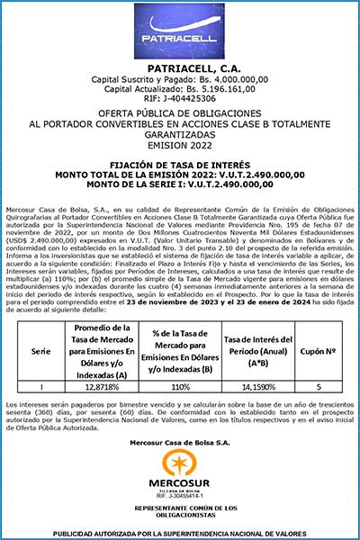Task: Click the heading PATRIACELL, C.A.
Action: (x=180, y=68)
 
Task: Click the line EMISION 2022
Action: (x=180, y=145)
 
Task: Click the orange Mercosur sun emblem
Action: (x=180, y=462)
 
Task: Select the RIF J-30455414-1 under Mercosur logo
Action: (x=180, y=496)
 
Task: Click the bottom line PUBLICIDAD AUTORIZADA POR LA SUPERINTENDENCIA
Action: (x=180, y=533)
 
